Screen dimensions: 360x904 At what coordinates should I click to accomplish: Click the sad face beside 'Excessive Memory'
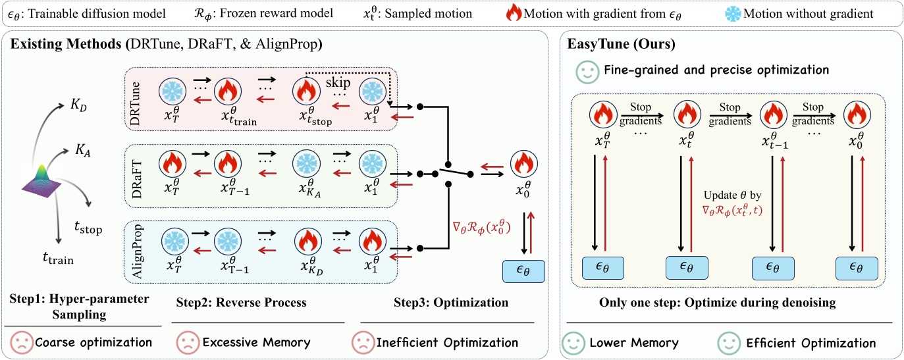coord(187,343)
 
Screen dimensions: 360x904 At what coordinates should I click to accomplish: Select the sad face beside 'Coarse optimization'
coord(20,343)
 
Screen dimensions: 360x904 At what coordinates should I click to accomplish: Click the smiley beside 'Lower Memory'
coord(573,343)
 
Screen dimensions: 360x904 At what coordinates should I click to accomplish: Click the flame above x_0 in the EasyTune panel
coord(857,114)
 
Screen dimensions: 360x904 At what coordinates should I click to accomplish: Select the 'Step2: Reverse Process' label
coord(242,303)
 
